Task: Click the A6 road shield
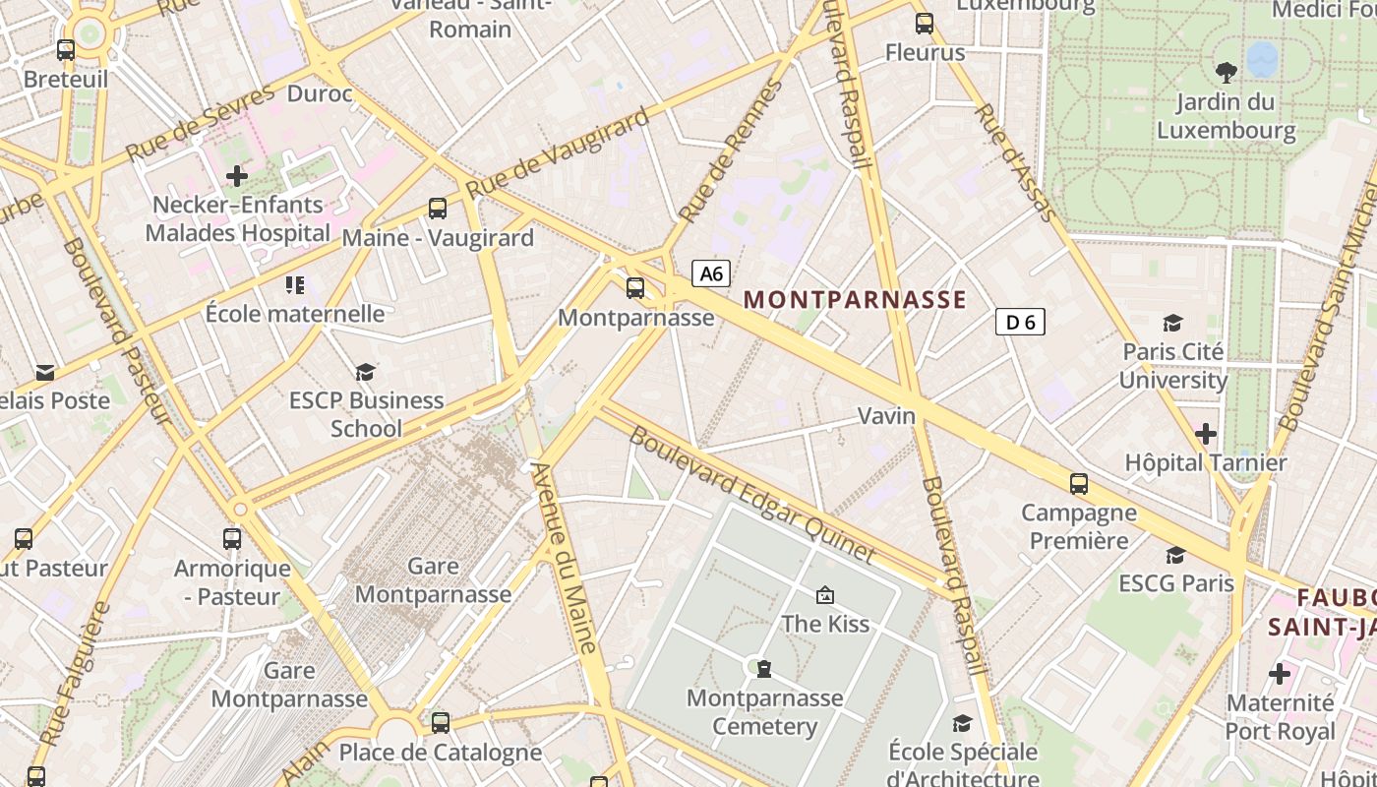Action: [x=711, y=272]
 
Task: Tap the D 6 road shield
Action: [x=1020, y=322]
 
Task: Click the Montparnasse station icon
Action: [x=635, y=288]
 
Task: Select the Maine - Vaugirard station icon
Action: [x=438, y=209]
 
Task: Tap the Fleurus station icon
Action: [x=925, y=24]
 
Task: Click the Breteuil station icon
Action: [x=66, y=49]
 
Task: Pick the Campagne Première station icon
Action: [x=1079, y=483]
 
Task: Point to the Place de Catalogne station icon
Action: [x=441, y=723]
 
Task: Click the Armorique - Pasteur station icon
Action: [x=232, y=539]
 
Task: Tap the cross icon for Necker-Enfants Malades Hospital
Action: [x=237, y=176]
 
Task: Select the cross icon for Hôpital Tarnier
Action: [x=1205, y=433]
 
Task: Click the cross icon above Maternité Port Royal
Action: [x=1280, y=674]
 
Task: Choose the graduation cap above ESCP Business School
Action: [x=366, y=372]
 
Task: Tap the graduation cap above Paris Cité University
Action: [x=1172, y=323]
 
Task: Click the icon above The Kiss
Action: [x=825, y=594]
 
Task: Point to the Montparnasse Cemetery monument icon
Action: [x=763, y=669]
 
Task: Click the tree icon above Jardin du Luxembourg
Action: [x=1226, y=71]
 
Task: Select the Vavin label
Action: [x=887, y=416]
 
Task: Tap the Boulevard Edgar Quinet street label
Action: [x=751, y=496]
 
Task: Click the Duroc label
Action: [x=320, y=94]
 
